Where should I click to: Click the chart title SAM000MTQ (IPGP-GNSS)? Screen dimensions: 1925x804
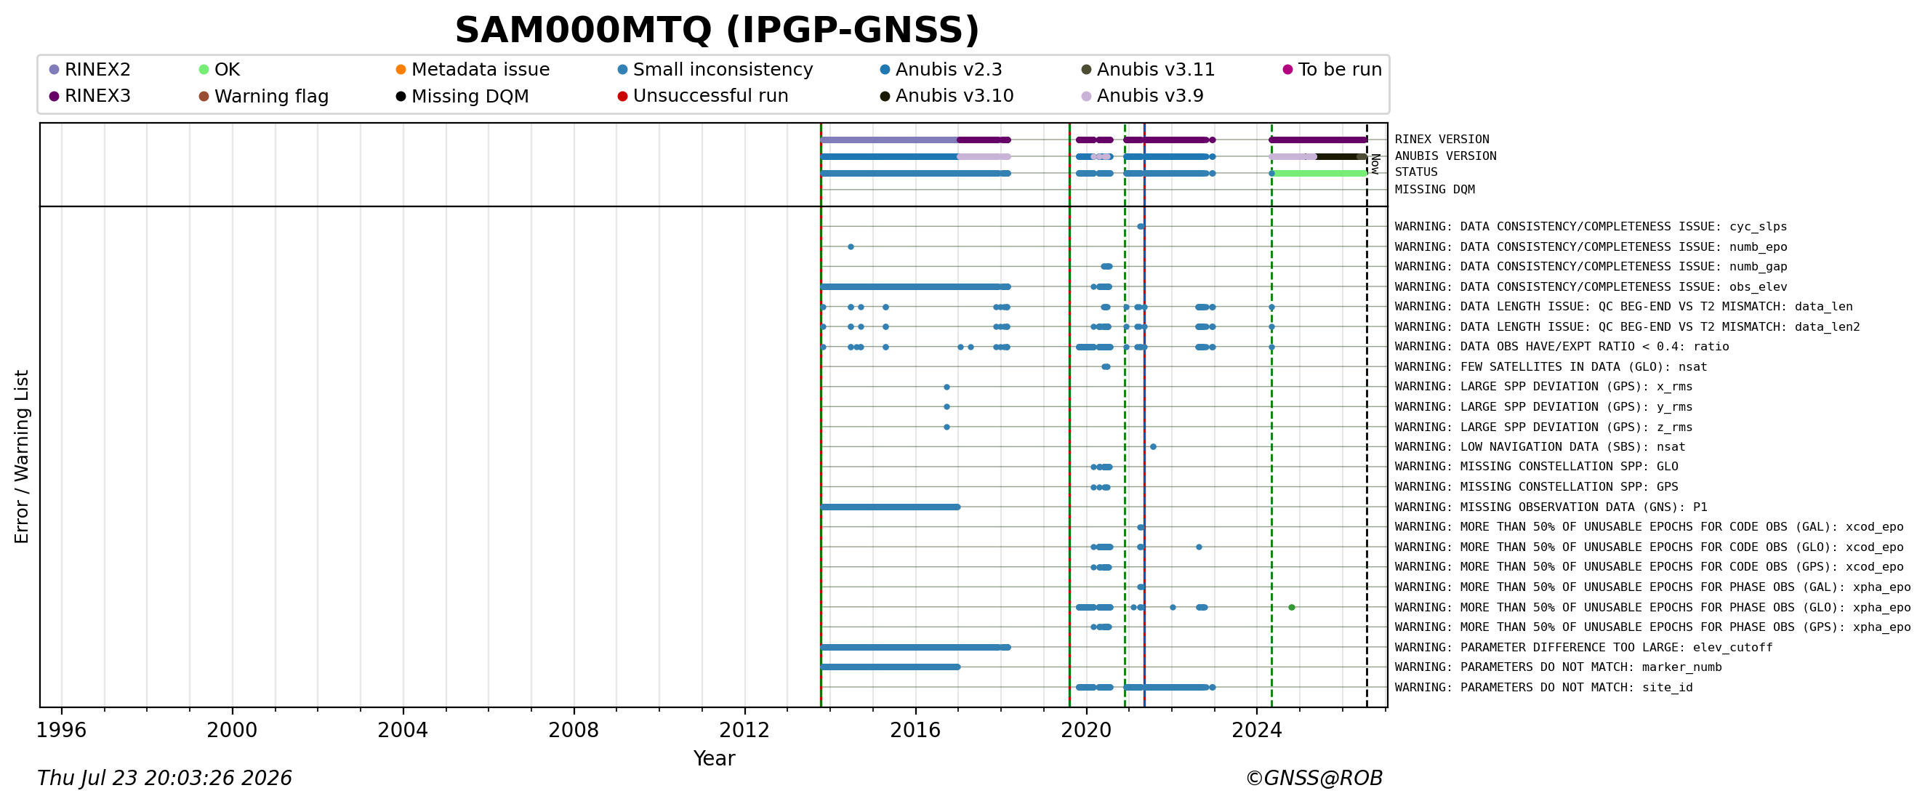(x=717, y=31)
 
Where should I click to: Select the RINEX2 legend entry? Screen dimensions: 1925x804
(x=89, y=70)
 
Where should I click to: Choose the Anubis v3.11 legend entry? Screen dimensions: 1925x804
(x=1148, y=70)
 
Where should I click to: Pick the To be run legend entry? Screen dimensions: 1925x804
(x=1333, y=70)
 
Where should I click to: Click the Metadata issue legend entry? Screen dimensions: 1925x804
(x=473, y=70)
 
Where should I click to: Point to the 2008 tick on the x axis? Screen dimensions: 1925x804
(x=574, y=707)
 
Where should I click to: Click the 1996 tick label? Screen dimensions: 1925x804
(x=61, y=730)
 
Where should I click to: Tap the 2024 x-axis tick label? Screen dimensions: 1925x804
(x=1257, y=730)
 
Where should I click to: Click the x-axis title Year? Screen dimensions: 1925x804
(x=715, y=758)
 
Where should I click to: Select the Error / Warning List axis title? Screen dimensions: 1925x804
(x=22, y=457)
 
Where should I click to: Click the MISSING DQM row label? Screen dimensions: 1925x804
(x=1435, y=190)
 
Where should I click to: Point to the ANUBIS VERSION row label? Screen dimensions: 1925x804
(x=1445, y=156)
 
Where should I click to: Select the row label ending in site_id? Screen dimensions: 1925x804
(x=1544, y=688)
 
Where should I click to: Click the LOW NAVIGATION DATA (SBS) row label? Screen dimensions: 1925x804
(x=1540, y=447)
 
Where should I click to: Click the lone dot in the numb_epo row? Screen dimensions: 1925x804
(x=851, y=246)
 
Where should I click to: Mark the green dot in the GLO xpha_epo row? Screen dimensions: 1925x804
(x=1291, y=608)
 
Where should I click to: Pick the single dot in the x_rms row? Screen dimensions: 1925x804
(x=947, y=387)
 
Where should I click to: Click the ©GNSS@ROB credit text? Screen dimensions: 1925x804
(x=1314, y=779)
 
